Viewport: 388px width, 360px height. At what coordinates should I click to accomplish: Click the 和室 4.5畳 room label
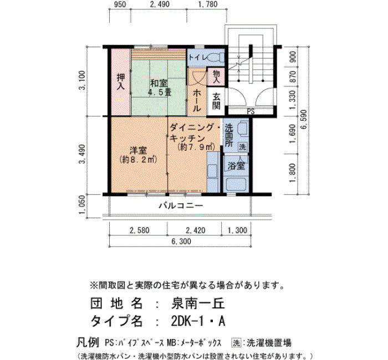click(x=159, y=88)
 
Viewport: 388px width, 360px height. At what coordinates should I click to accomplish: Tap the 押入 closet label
click(x=121, y=81)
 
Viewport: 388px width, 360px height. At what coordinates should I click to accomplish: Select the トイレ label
click(x=197, y=58)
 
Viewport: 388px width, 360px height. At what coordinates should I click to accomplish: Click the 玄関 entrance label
click(x=216, y=101)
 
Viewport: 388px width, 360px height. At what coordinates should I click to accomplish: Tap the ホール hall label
click(x=197, y=100)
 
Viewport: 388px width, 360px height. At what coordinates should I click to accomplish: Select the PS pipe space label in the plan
click(x=251, y=111)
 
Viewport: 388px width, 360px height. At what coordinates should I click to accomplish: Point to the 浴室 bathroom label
click(x=236, y=166)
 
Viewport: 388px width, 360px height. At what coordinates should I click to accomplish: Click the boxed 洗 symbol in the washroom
click(x=242, y=147)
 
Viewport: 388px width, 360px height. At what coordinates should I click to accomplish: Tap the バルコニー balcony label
click(x=181, y=205)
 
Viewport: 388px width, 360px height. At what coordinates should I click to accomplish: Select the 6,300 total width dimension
click(x=181, y=241)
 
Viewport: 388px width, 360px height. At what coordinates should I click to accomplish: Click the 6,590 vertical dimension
click(x=303, y=120)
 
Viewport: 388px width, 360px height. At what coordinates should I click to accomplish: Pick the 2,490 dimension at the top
click(x=160, y=4)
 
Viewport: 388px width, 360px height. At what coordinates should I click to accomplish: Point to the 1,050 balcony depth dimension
click(x=83, y=205)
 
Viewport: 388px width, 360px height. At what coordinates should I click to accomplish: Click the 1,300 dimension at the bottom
click(x=237, y=230)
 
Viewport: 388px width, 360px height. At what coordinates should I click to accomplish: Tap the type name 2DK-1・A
click(x=198, y=321)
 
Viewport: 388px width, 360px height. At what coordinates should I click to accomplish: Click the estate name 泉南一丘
click(x=198, y=303)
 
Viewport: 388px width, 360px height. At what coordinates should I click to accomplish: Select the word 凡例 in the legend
click(x=88, y=342)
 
